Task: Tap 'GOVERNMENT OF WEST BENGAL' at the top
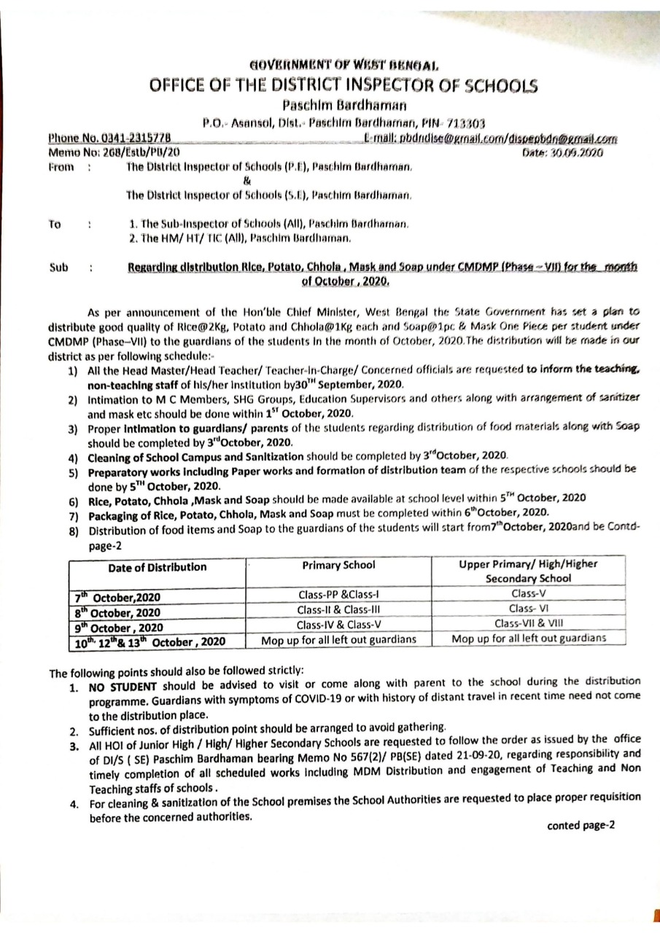coord(343,65)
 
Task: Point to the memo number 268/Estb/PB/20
coord(141,152)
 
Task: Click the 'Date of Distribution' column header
coord(157,567)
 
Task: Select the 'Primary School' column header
coord(338,565)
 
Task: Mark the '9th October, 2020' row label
coord(121,626)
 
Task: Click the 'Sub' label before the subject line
coord(59,268)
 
